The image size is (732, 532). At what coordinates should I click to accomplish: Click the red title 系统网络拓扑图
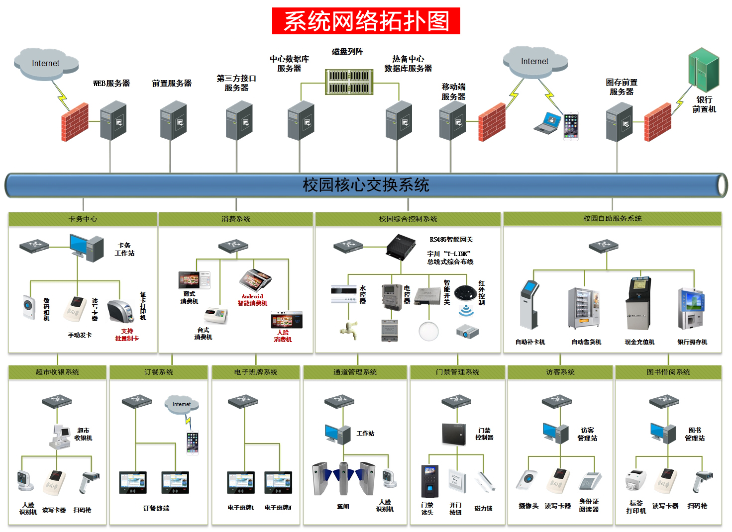tap(366, 21)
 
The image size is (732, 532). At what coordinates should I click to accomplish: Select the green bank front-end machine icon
tap(704, 70)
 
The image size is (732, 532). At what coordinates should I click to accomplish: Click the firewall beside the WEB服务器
tap(75, 122)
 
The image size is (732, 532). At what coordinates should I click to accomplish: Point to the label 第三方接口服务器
tap(236, 83)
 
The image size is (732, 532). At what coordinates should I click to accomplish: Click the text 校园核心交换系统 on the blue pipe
tap(366, 185)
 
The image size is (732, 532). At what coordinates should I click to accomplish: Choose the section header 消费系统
tap(236, 219)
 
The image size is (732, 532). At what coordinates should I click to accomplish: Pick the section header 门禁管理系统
tap(457, 372)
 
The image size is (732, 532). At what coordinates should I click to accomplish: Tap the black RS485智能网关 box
tap(401, 247)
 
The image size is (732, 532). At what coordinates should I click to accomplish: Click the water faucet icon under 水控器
tap(349, 330)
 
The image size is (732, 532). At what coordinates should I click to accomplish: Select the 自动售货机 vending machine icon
tap(584, 308)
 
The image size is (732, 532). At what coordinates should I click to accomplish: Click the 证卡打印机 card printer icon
tap(121, 311)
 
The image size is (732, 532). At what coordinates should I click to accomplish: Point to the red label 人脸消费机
tap(283, 336)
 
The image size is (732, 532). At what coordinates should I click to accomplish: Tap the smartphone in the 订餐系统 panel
tap(193, 443)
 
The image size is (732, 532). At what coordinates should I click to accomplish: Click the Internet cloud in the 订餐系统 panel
tap(182, 405)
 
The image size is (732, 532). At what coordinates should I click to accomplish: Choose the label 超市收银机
tap(83, 434)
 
